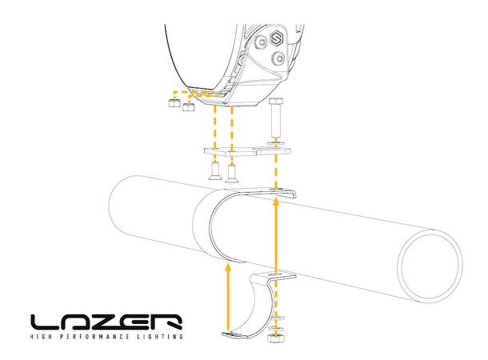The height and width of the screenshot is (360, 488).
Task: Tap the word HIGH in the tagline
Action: click(x=42, y=338)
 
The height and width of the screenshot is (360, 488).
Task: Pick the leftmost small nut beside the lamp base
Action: click(x=171, y=102)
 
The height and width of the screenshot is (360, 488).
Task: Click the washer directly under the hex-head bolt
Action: click(x=276, y=140)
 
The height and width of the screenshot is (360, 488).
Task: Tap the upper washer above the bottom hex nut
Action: click(x=277, y=317)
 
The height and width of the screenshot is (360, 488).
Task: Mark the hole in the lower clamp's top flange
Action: click(x=276, y=277)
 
